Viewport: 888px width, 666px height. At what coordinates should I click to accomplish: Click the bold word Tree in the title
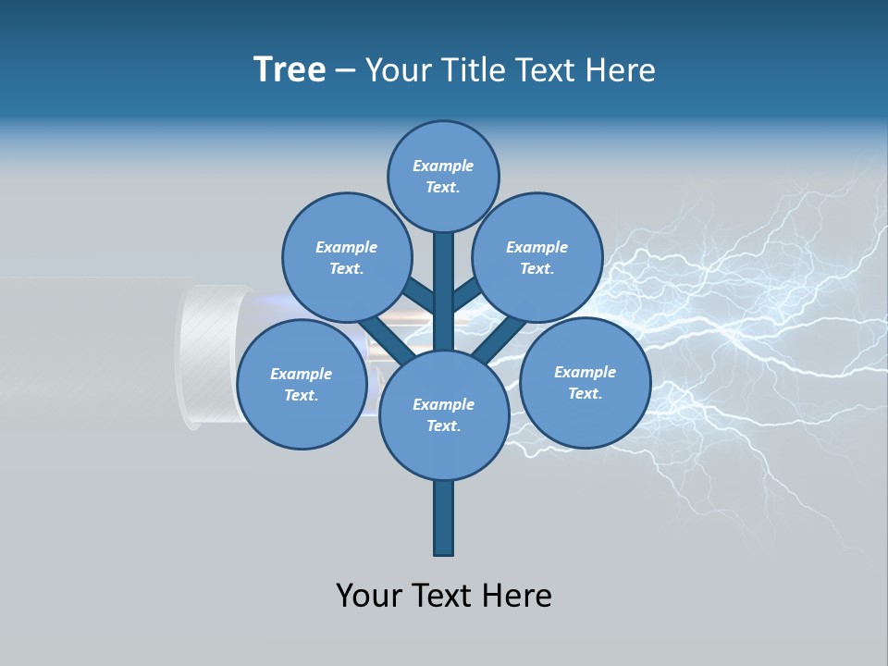pos(290,70)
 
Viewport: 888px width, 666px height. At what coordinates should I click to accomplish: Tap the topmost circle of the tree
pos(443,176)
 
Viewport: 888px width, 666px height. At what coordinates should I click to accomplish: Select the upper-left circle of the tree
pos(346,257)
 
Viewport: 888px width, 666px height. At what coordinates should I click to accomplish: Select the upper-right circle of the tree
pos(537,257)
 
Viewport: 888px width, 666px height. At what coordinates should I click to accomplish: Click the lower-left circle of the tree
pos(301,384)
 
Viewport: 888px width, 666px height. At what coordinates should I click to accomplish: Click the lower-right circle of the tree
pos(585,382)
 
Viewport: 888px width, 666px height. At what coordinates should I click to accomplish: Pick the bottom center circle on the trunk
pos(443,414)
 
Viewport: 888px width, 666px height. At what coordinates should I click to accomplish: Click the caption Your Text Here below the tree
pos(443,595)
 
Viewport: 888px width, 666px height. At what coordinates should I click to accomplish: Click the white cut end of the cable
pos(198,356)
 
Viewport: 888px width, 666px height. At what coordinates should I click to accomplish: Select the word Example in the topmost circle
pos(443,166)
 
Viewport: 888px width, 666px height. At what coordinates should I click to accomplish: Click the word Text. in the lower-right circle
pos(585,393)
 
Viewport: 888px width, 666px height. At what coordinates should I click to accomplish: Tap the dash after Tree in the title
pos(345,70)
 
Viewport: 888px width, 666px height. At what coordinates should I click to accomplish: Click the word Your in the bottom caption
pos(369,595)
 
